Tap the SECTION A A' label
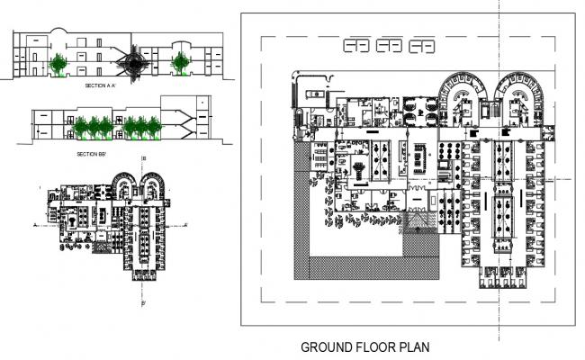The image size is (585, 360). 102,85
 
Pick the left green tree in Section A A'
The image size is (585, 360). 59,63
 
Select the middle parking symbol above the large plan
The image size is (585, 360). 391,46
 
